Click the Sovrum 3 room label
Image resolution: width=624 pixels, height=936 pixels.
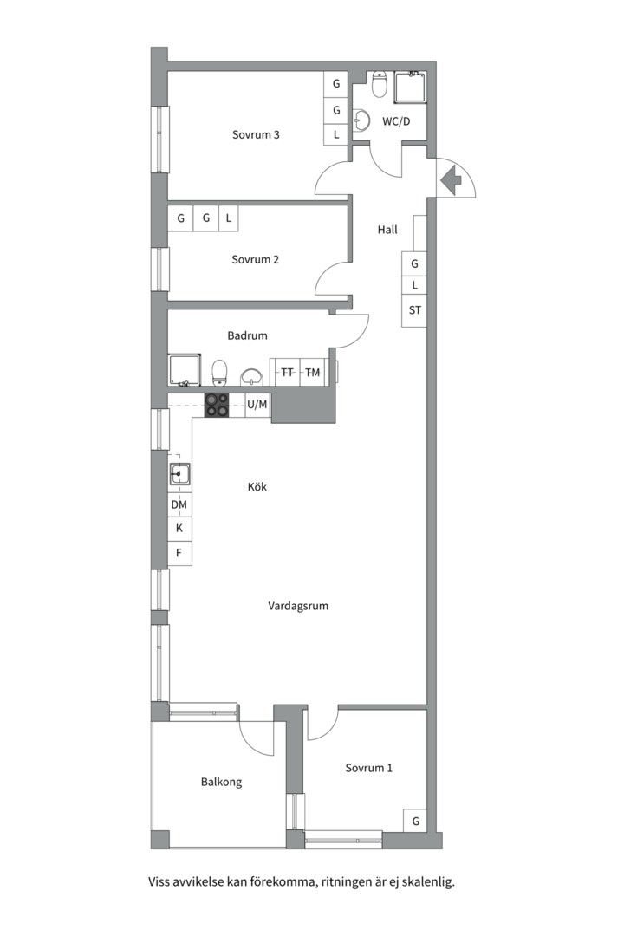(x=256, y=135)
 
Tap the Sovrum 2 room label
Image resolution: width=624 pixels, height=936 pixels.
(x=255, y=260)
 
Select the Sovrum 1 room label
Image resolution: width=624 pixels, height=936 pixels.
(x=368, y=768)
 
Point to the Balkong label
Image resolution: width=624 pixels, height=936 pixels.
(x=221, y=782)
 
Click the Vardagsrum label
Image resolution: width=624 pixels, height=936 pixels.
(x=298, y=607)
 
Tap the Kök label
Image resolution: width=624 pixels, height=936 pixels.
(x=257, y=487)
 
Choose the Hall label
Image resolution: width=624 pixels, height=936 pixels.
(x=387, y=229)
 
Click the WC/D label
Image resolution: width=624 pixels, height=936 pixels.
(x=396, y=122)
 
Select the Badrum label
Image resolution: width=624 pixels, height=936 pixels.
(x=247, y=335)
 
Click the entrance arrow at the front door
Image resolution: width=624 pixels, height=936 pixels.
(x=451, y=179)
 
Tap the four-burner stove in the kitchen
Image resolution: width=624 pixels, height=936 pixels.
(x=216, y=406)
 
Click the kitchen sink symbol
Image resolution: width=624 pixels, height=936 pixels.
(x=179, y=474)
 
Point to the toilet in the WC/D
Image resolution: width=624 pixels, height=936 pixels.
(x=380, y=84)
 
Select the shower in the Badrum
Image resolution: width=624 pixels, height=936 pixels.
(x=184, y=370)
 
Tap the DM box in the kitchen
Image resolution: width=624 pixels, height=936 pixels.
(x=179, y=505)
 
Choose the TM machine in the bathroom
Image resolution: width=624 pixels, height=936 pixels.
(x=312, y=373)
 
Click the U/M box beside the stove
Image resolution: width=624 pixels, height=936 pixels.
(x=257, y=405)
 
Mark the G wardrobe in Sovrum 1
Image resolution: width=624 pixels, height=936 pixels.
(x=416, y=822)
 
